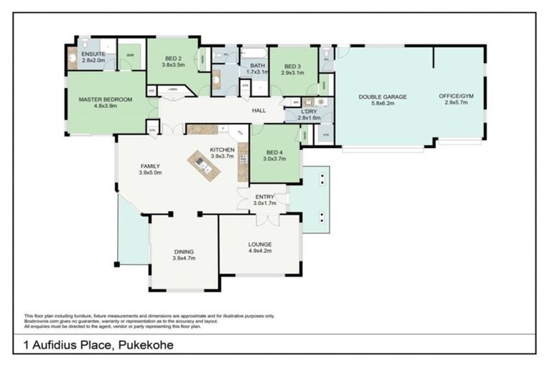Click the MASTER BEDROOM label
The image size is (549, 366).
tap(105, 99)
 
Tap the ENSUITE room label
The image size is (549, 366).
tap(93, 54)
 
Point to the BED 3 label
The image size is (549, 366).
tap(293, 66)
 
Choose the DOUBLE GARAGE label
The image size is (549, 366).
tap(382, 97)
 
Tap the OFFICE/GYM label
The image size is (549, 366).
tap(456, 97)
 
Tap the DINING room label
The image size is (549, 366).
tap(184, 252)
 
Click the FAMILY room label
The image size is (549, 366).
tap(150, 166)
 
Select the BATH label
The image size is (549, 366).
tap(256, 65)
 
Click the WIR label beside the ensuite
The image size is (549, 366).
tap(130, 54)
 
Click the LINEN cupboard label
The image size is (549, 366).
tap(172, 89)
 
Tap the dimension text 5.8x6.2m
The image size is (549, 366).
tap(382, 104)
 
